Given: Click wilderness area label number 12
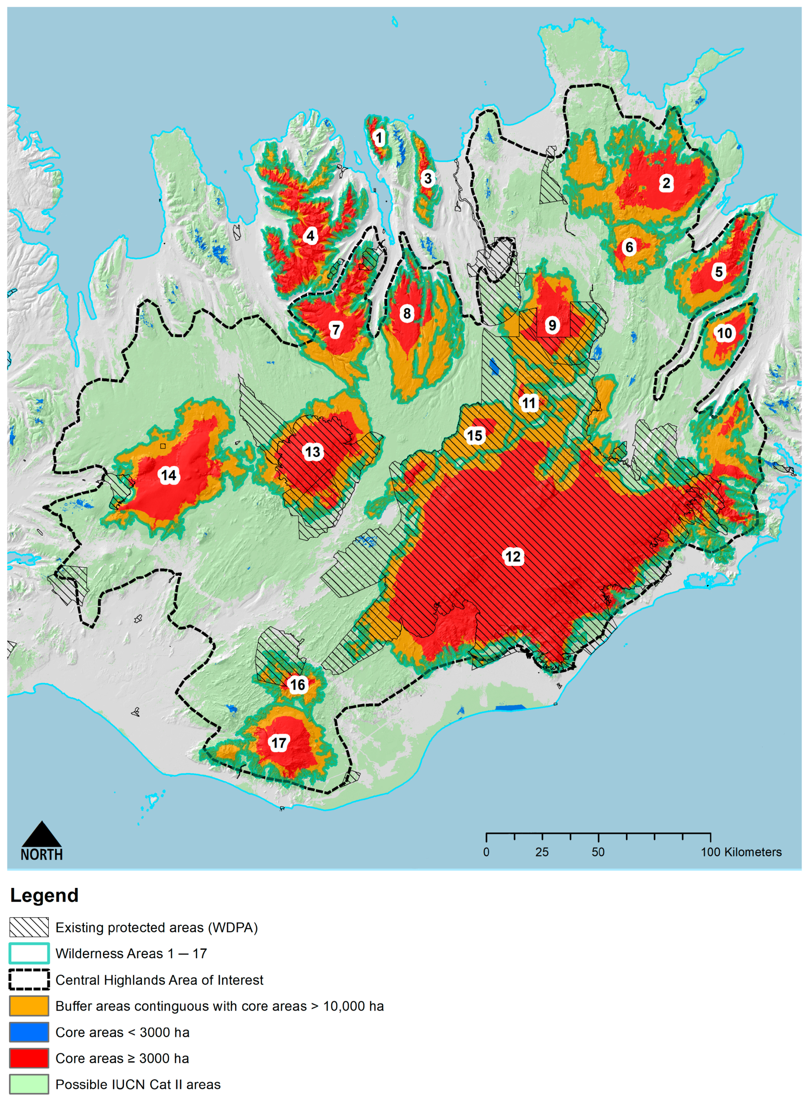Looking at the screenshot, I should click(x=513, y=556).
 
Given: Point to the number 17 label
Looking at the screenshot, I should click(x=278, y=742).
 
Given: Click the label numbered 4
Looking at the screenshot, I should click(x=310, y=236).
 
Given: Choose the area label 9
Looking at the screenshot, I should click(x=552, y=325).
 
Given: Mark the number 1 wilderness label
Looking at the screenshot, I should click(x=379, y=138).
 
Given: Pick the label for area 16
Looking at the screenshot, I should click(x=297, y=684).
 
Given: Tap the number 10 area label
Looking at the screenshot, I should click(x=724, y=333).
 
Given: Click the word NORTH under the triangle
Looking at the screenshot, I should click(x=42, y=855).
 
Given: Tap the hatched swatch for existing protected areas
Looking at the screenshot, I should click(x=29, y=927).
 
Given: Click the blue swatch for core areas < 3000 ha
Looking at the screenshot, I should click(x=29, y=1032).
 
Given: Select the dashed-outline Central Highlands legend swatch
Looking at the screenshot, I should click(x=29, y=980).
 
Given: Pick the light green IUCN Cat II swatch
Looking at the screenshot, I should click(x=29, y=1084).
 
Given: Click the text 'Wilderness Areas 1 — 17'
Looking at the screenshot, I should click(x=131, y=953).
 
